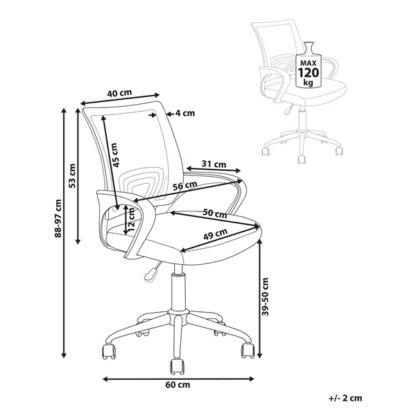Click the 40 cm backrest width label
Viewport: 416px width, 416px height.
point(119,93)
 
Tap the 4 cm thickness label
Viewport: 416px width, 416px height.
point(185,113)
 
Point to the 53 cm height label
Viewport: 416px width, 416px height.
point(72,176)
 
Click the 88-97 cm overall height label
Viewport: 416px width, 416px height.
point(58,218)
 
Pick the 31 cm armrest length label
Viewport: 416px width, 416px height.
point(214,164)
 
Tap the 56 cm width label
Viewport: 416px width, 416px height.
point(185,185)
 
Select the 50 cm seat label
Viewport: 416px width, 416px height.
point(215,213)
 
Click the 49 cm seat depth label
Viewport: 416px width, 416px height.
point(215,234)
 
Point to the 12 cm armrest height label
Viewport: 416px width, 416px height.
point(130,220)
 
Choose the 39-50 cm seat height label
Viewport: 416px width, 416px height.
point(265,297)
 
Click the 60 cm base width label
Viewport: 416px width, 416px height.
point(177,384)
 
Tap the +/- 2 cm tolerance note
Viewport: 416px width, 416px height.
point(345,398)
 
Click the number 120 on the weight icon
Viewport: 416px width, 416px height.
point(308,72)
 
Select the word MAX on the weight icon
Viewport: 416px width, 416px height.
point(309,63)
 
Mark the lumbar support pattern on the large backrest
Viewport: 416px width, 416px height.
point(138,183)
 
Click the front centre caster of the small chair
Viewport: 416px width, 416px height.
point(302,160)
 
